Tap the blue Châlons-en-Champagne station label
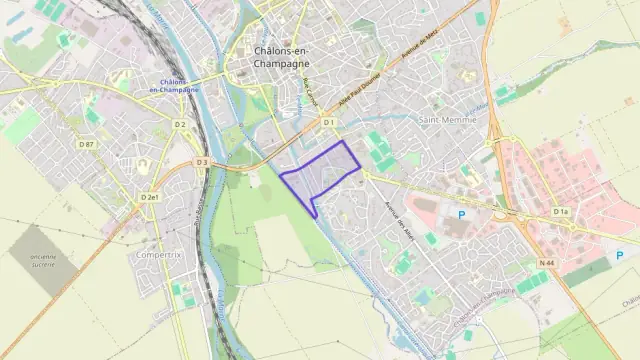[173, 85]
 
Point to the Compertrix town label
[155, 255]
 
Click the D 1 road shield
[328, 122]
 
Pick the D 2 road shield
[180, 124]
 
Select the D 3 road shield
[202, 162]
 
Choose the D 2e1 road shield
[150, 198]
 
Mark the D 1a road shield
[560, 212]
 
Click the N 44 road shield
[546, 262]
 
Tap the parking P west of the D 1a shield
[461, 214]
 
